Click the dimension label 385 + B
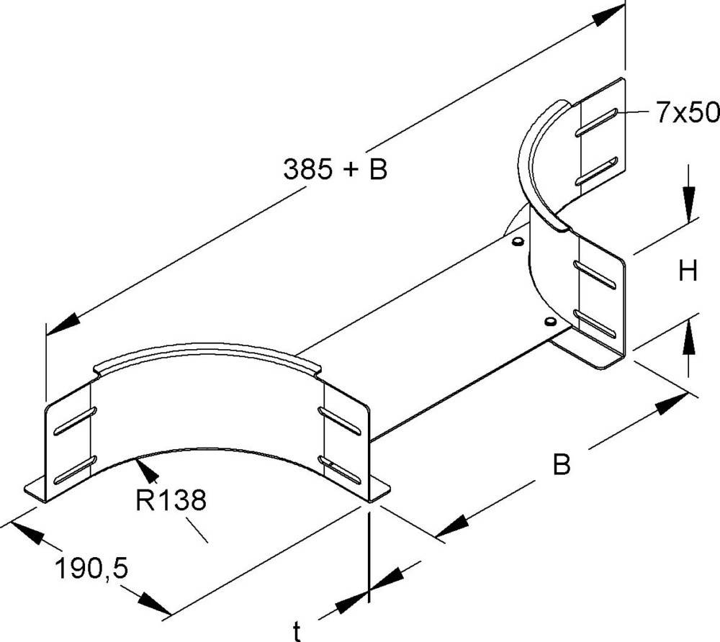coord(335,170)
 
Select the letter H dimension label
coord(688,271)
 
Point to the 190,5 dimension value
coord(91,569)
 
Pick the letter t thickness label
coord(297,632)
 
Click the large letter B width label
coord(562,465)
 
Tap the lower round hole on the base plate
coord(549,320)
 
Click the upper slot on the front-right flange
coord(340,420)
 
